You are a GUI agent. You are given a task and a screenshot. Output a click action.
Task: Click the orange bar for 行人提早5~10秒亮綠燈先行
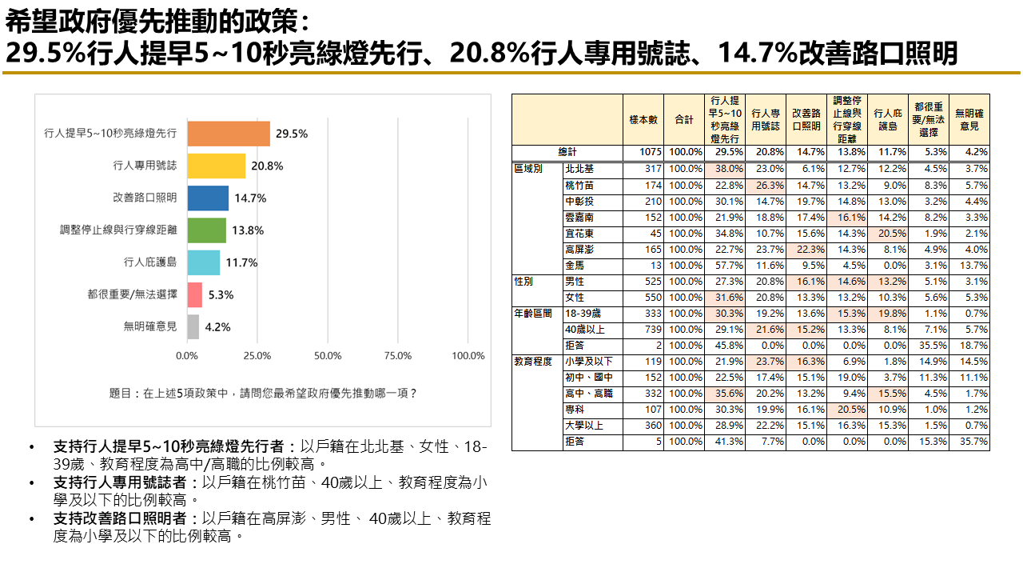(229, 134)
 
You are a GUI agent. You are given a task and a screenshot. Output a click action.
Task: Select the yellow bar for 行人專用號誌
(216, 166)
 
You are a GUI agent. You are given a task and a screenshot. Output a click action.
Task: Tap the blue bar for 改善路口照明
(208, 198)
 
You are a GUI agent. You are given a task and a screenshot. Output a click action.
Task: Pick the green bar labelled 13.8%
(206, 230)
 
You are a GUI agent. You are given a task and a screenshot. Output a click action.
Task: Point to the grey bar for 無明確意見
(193, 326)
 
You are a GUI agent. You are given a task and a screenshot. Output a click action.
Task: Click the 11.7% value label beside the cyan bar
(241, 262)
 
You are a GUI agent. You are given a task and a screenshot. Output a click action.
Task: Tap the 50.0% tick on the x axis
(328, 356)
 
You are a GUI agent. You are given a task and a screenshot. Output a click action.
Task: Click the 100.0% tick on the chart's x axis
(468, 356)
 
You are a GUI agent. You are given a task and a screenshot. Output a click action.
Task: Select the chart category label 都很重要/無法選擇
(132, 294)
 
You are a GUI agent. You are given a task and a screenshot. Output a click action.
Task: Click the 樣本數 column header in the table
(643, 119)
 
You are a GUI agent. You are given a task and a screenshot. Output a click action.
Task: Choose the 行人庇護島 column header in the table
(888, 119)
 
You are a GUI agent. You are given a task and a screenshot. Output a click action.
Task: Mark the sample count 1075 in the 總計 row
(650, 152)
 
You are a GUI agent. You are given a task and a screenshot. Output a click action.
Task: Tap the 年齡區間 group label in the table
(533, 313)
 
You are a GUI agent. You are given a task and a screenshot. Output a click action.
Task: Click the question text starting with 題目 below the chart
(263, 394)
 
